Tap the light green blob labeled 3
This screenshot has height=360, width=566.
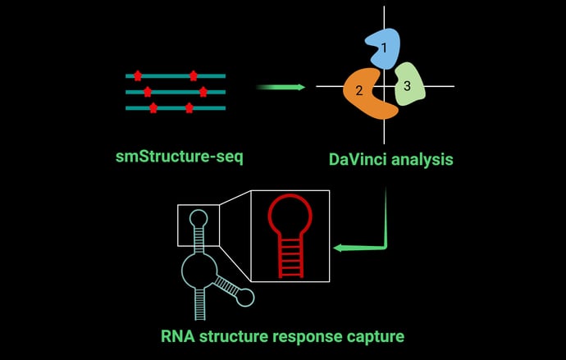409,86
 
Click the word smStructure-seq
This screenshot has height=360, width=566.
180,157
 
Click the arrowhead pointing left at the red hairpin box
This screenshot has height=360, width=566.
340,247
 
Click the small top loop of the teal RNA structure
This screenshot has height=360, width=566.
199,218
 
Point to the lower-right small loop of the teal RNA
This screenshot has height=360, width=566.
244,298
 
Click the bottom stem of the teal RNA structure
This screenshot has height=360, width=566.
198,304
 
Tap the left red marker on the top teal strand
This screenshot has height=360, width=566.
137,75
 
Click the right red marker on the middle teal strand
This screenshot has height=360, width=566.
203,91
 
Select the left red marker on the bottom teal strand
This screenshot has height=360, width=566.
153,107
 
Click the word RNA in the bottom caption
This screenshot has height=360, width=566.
178,336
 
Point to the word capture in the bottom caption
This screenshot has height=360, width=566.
375,336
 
